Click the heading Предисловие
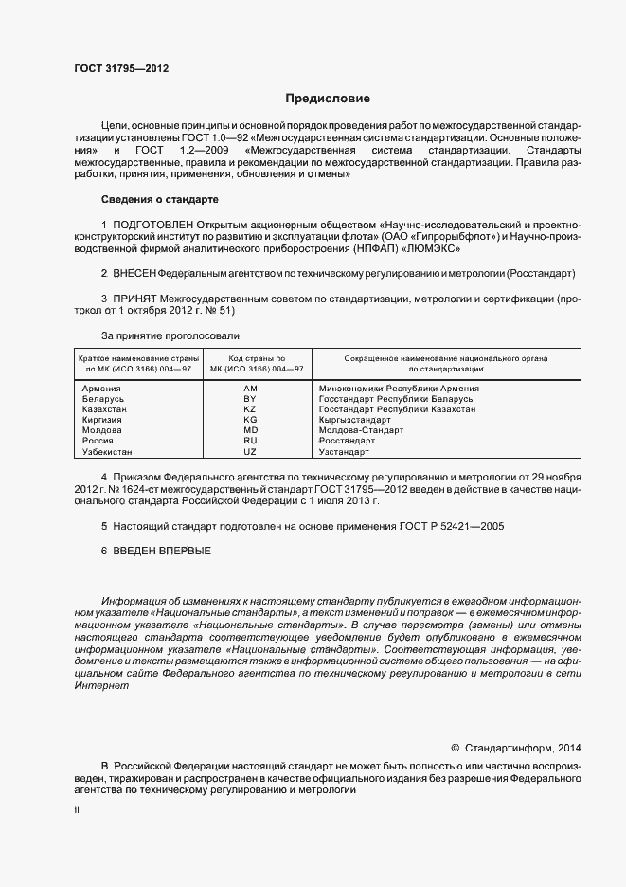(329, 99)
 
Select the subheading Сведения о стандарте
(160, 200)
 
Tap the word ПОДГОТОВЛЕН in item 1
(157, 224)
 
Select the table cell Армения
(101, 389)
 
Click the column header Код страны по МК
(250, 364)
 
